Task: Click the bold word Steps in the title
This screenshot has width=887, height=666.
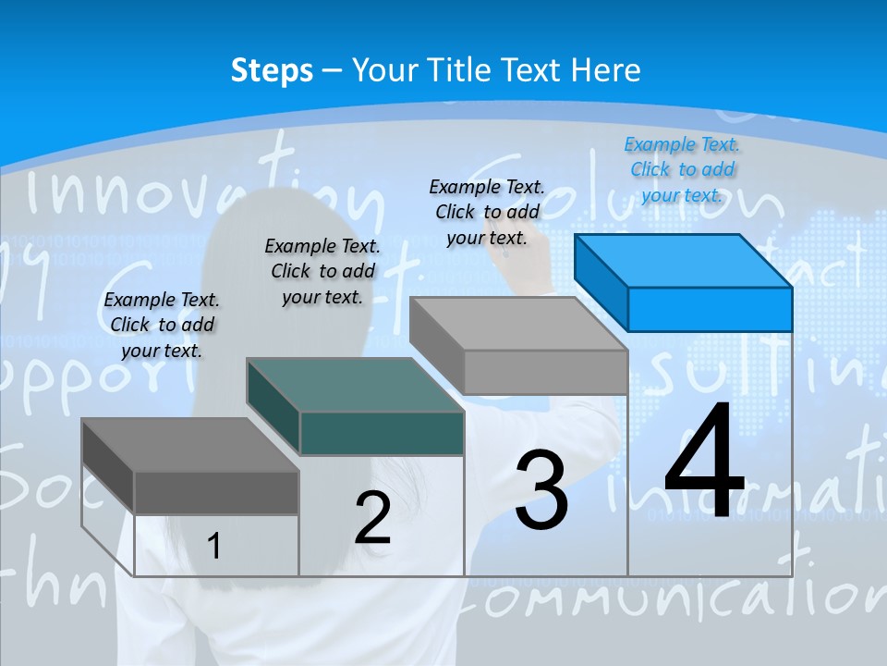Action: [272, 70]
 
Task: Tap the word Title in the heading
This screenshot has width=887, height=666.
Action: [457, 70]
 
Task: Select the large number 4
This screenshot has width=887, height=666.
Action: [704, 462]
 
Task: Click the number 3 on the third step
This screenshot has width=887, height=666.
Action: [541, 490]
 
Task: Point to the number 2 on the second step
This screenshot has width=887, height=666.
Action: [373, 518]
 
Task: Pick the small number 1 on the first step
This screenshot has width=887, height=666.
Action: [214, 547]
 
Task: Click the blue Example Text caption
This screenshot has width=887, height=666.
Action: [682, 169]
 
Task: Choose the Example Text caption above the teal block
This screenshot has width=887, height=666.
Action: [322, 271]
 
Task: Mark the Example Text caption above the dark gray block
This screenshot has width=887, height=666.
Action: [162, 325]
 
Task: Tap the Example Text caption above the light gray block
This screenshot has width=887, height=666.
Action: [487, 212]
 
